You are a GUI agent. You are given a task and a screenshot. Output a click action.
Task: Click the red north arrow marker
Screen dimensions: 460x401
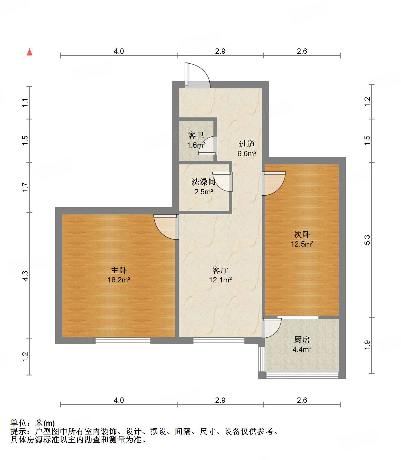[29, 52]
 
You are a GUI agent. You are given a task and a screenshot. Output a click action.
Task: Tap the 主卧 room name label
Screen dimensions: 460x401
[119, 270]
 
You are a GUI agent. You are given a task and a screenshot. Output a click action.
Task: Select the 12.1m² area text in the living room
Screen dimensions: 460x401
[220, 280]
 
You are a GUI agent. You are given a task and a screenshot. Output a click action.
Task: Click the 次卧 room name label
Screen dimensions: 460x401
[302, 234]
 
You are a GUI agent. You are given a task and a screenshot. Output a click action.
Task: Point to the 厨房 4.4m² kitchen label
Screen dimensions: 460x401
[302, 345]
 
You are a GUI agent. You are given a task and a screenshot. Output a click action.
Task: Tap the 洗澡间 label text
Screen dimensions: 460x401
[203, 182]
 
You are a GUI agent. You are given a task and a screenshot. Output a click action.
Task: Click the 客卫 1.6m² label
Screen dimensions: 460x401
[196, 140]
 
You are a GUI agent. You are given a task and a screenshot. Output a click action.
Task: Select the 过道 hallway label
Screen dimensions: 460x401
[247, 144]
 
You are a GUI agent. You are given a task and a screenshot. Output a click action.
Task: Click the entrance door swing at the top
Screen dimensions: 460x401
[197, 76]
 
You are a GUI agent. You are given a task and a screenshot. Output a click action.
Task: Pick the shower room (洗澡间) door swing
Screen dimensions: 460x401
[223, 181]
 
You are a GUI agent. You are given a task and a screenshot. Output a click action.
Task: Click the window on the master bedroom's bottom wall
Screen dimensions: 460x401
[123, 341]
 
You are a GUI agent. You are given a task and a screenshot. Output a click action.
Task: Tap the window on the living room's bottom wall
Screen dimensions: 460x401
[218, 341]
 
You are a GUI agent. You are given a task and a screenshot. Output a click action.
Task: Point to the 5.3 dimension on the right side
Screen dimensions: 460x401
[367, 240]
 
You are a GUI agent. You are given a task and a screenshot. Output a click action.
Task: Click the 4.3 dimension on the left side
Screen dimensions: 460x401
[25, 275]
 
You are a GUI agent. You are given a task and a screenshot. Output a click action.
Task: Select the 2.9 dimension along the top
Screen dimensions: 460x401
[220, 51]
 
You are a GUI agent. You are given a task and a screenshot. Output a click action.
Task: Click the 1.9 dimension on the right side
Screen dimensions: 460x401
[367, 345]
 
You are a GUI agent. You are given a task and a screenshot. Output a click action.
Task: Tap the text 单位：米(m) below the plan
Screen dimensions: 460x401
[33, 423]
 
